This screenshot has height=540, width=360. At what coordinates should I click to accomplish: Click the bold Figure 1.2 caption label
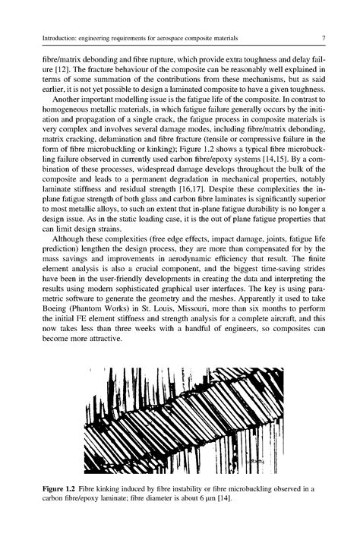click(61, 482)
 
